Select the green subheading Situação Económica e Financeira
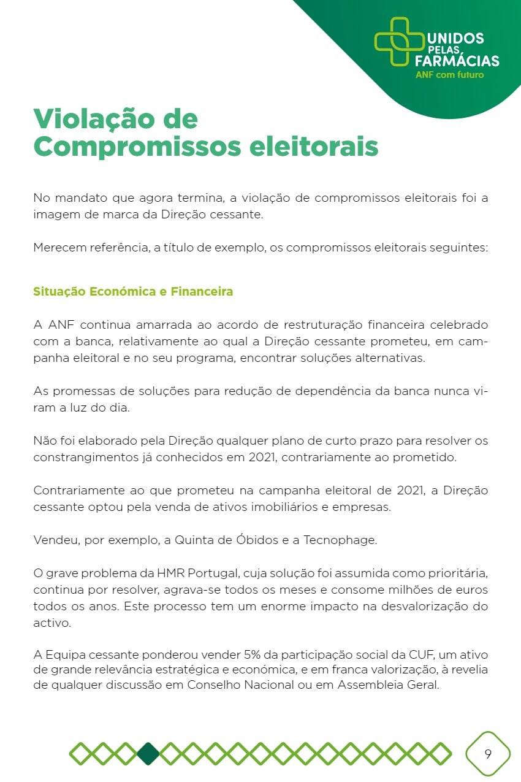coord(133,291)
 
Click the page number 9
coord(488,754)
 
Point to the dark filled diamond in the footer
coord(148,754)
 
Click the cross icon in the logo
coord(399,41)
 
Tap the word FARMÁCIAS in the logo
coord(457,61)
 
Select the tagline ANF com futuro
coord(449,75)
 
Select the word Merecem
coord(59,249)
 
